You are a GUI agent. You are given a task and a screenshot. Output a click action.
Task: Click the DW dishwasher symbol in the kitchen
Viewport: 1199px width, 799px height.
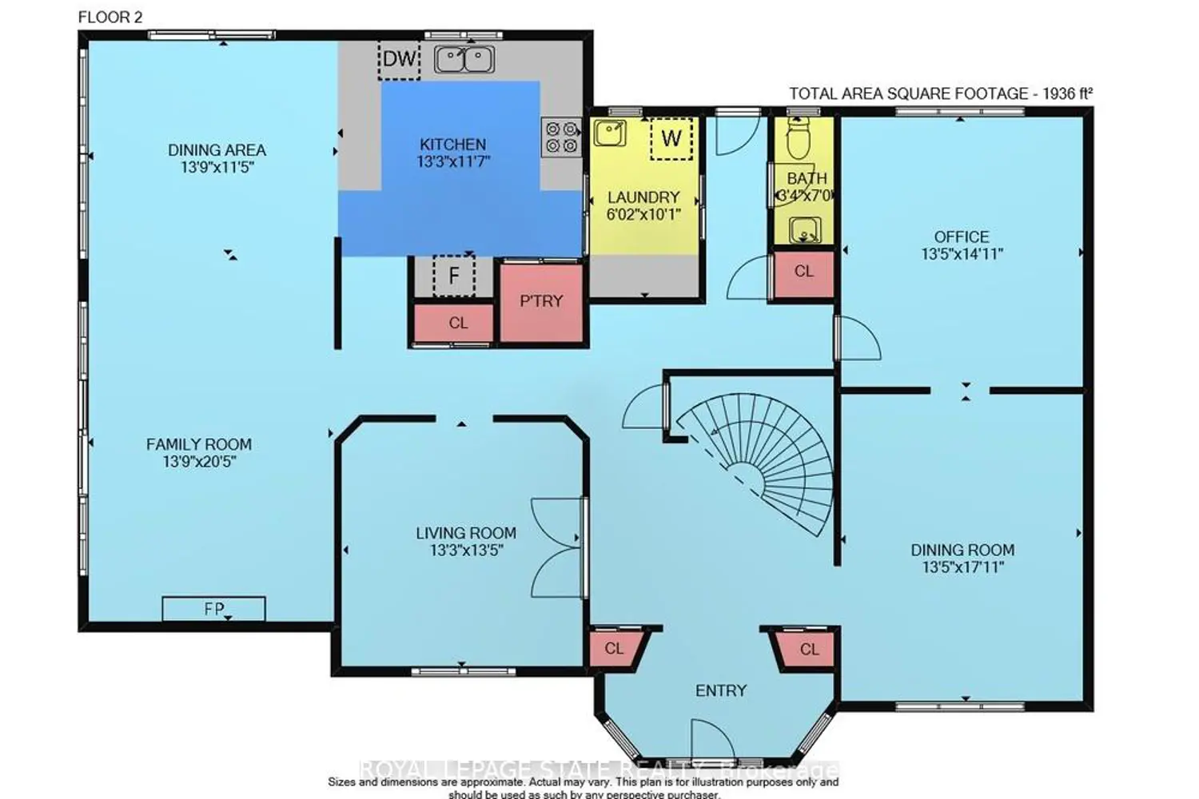pos(399,59)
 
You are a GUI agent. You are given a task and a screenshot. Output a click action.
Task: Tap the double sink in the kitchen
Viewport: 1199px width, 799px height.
pos(464,59)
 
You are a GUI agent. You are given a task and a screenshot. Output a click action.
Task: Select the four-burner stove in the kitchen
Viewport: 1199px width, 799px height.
pos(561,137)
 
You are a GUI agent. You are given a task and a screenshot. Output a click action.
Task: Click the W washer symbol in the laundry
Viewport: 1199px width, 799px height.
pos(671,138)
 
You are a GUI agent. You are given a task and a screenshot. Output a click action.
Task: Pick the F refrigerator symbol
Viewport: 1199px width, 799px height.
pos(453,276)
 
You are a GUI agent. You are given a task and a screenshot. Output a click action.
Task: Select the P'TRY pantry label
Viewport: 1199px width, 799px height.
pos(541,301)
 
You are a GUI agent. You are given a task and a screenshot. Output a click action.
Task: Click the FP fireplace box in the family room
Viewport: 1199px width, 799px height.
pos(213,609)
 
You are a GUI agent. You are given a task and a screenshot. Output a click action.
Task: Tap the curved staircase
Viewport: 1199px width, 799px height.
pos(767,459)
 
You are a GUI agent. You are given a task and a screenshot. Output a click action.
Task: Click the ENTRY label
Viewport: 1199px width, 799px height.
pos(720,690)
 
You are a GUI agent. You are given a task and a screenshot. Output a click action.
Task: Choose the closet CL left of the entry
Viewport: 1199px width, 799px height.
pos(614,648)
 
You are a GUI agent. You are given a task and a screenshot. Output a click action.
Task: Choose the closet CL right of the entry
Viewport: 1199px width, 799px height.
pos(809,649)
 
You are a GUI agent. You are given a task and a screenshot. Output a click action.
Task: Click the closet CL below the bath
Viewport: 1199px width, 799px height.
pos(803,272)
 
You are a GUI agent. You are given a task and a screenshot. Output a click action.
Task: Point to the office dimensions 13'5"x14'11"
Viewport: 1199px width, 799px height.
pos(962,254)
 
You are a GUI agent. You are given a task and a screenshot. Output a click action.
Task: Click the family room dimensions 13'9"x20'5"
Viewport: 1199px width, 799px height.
pos(199,462)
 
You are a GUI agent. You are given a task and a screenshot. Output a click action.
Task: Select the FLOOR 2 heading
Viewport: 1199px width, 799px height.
pos(110,17)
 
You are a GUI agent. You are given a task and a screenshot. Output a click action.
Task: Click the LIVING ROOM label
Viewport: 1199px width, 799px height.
pos(465,533)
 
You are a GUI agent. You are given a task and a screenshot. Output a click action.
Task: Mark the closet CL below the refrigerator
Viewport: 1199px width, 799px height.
pos(458,323)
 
